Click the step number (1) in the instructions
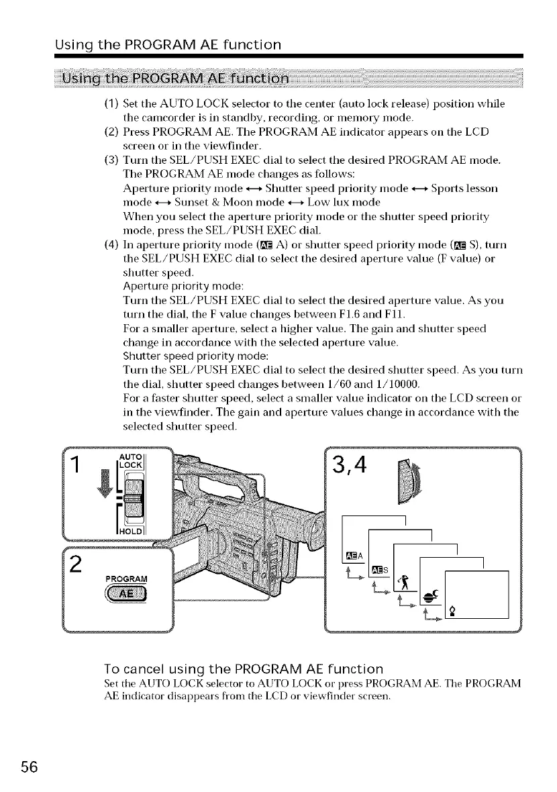coord(111,104)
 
